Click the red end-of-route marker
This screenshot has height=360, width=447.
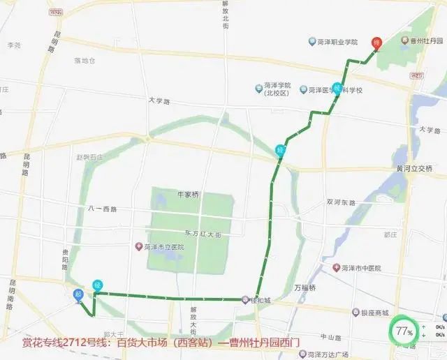(x=376, y=43)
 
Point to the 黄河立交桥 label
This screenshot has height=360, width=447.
(x=414, y=169)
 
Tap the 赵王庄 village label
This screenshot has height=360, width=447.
(x=89, y=157)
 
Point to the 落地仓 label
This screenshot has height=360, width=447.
(x=85, y=61)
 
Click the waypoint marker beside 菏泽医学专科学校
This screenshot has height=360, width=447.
(x=338, y=89)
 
